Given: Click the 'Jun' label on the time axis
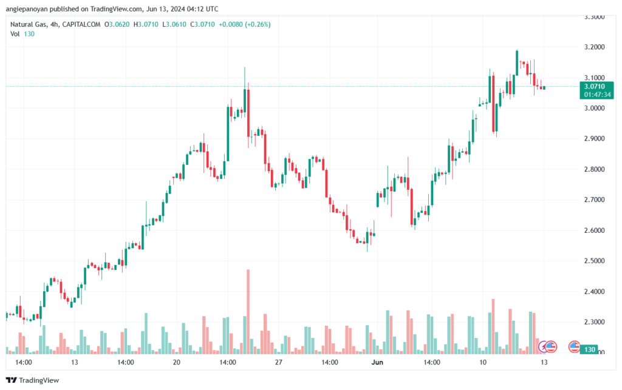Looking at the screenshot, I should pyautogui.click(x=377, y=362).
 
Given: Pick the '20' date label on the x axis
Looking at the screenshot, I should pyautogui.click(x=177, y=362).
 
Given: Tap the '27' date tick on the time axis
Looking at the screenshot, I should pyautogui.click(x=279, y=362).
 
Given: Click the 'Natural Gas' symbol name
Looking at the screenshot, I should pyautogui.click(x=29, y=24).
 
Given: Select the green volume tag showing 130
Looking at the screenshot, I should pyautogui.click(x=588, y=350).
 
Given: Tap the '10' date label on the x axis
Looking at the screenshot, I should pyautogui.click(x=482, y=362).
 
